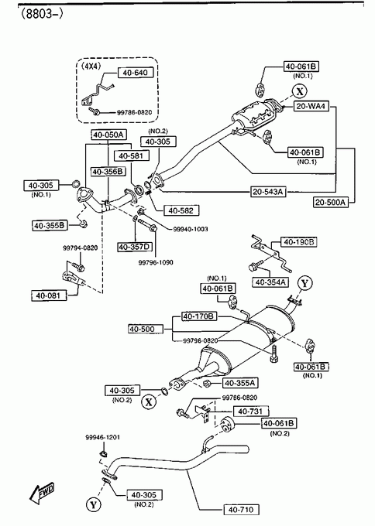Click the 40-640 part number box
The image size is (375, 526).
tap(136, 73)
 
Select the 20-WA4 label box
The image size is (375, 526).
tap(311, 106)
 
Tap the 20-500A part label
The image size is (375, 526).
tap(331, 202)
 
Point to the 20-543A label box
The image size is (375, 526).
tap(269, 192)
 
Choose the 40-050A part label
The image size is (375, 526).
tap(108, 135)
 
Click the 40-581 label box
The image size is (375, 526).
tap(132, 155)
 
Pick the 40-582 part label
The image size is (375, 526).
tap(181, 210)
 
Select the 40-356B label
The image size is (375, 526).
tap(108, 172)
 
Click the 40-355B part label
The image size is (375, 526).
tap(50, 225)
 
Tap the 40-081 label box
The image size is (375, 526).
tap(49, 295)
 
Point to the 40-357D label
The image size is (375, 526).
tap(134, 248)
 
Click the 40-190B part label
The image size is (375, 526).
tap(299, 241)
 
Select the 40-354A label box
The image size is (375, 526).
tap(270, 282)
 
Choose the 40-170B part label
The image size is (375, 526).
tap(199, 316)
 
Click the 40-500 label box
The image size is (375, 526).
tap(146, 329)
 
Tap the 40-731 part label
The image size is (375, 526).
tap(251, 411)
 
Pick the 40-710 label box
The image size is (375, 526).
tap(241, 510)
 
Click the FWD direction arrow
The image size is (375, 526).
tap(43, 493)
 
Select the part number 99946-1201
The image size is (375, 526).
tap(102, 438)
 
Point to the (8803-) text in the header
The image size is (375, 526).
tap(42, 13)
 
